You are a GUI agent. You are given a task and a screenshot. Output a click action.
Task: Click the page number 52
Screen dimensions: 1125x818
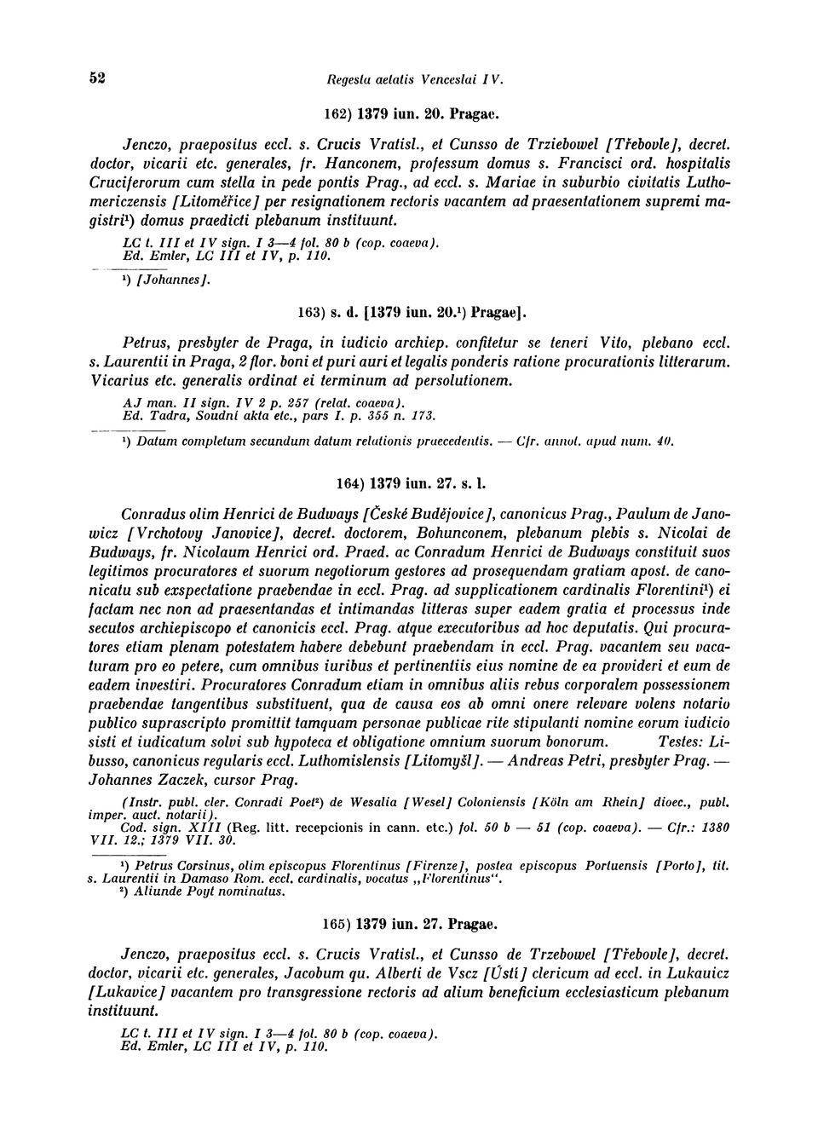(x=96, y=78)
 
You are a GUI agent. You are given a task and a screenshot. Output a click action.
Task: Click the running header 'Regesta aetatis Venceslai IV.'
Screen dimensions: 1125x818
(x=415, y=80)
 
